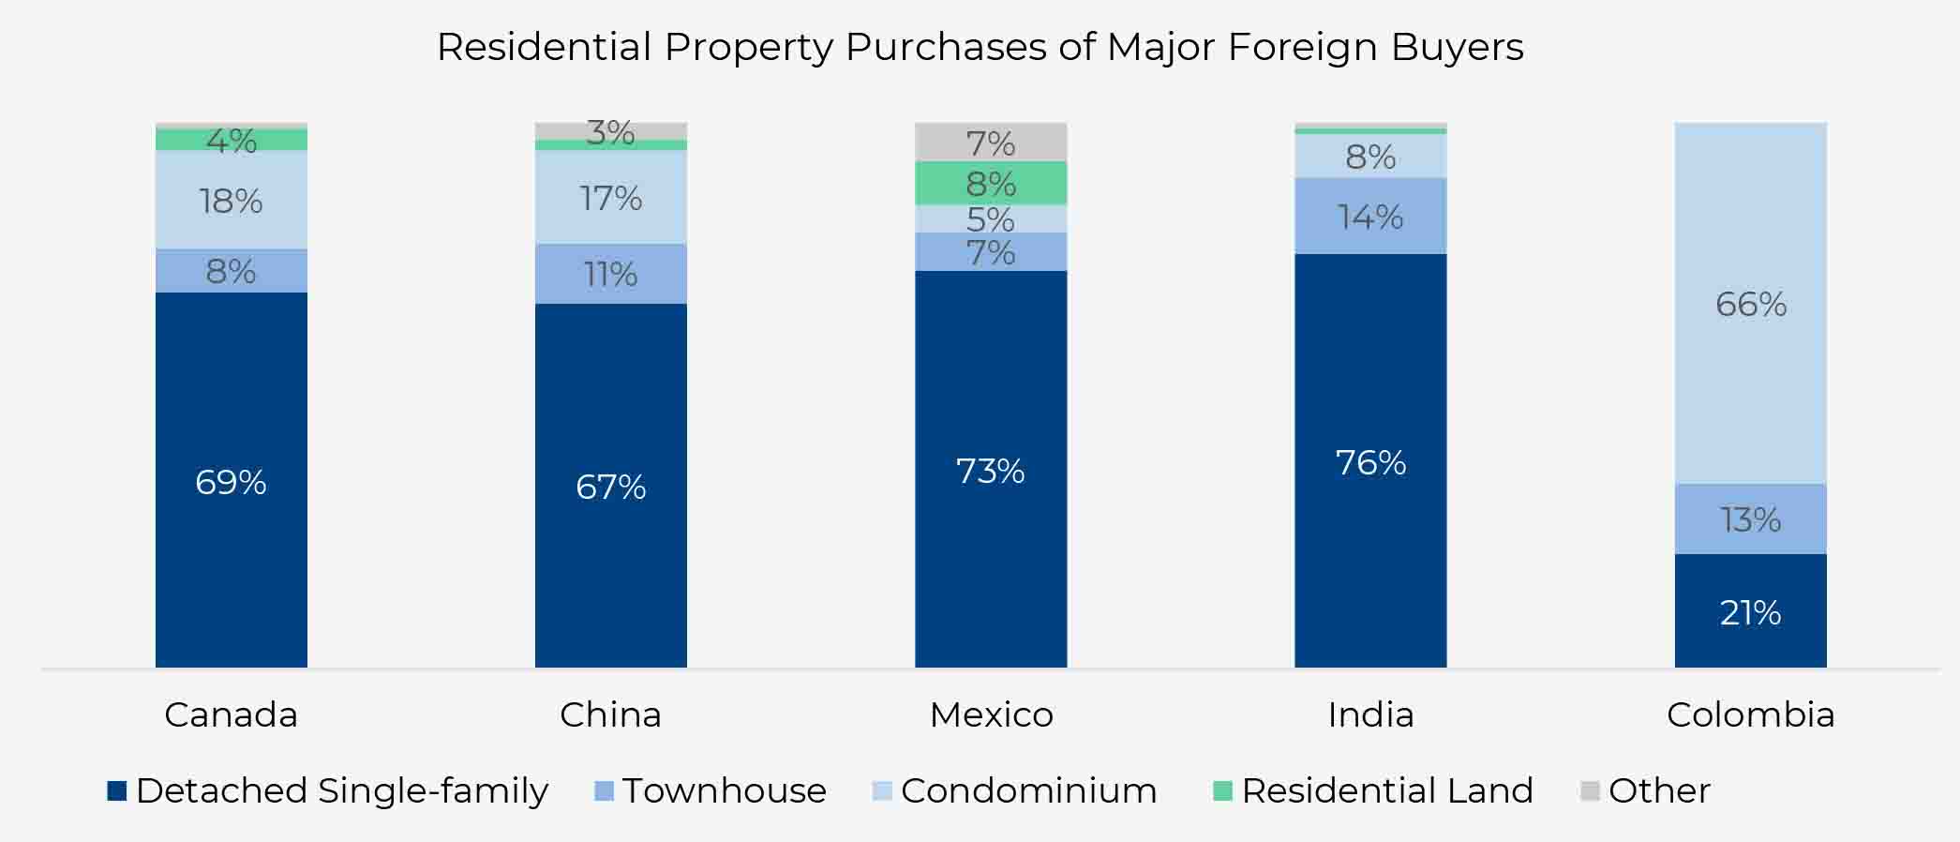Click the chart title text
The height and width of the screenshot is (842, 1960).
coord(980,47)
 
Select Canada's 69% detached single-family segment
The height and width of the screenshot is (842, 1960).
coord(232,479)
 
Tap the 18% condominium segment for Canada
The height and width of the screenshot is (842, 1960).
coord(232,200)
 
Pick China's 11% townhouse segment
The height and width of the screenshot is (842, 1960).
coord(610,274)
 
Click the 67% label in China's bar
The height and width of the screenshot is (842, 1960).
coord(610,487)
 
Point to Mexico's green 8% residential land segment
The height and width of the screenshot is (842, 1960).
coord(991,183)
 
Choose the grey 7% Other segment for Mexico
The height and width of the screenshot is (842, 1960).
coord(991,143)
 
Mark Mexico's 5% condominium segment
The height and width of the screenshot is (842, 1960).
coord(991,218)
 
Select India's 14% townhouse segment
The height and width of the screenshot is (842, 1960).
coord(1370,217)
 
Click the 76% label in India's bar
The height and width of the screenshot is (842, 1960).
coord(1370,462)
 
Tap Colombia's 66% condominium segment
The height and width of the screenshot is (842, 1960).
coord(1750,304)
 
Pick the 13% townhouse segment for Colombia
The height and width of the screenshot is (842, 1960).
coord(1750,519)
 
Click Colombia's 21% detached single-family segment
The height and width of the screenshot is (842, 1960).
coord(1750,611)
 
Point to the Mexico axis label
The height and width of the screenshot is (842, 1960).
coord(991,714)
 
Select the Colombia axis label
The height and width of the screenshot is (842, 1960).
coord(1750,714)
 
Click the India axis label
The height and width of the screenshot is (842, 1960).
coord(1370,714)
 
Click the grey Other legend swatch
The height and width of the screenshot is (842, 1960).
coord(1590,790)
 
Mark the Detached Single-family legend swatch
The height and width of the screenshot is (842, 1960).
coord(117,790)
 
